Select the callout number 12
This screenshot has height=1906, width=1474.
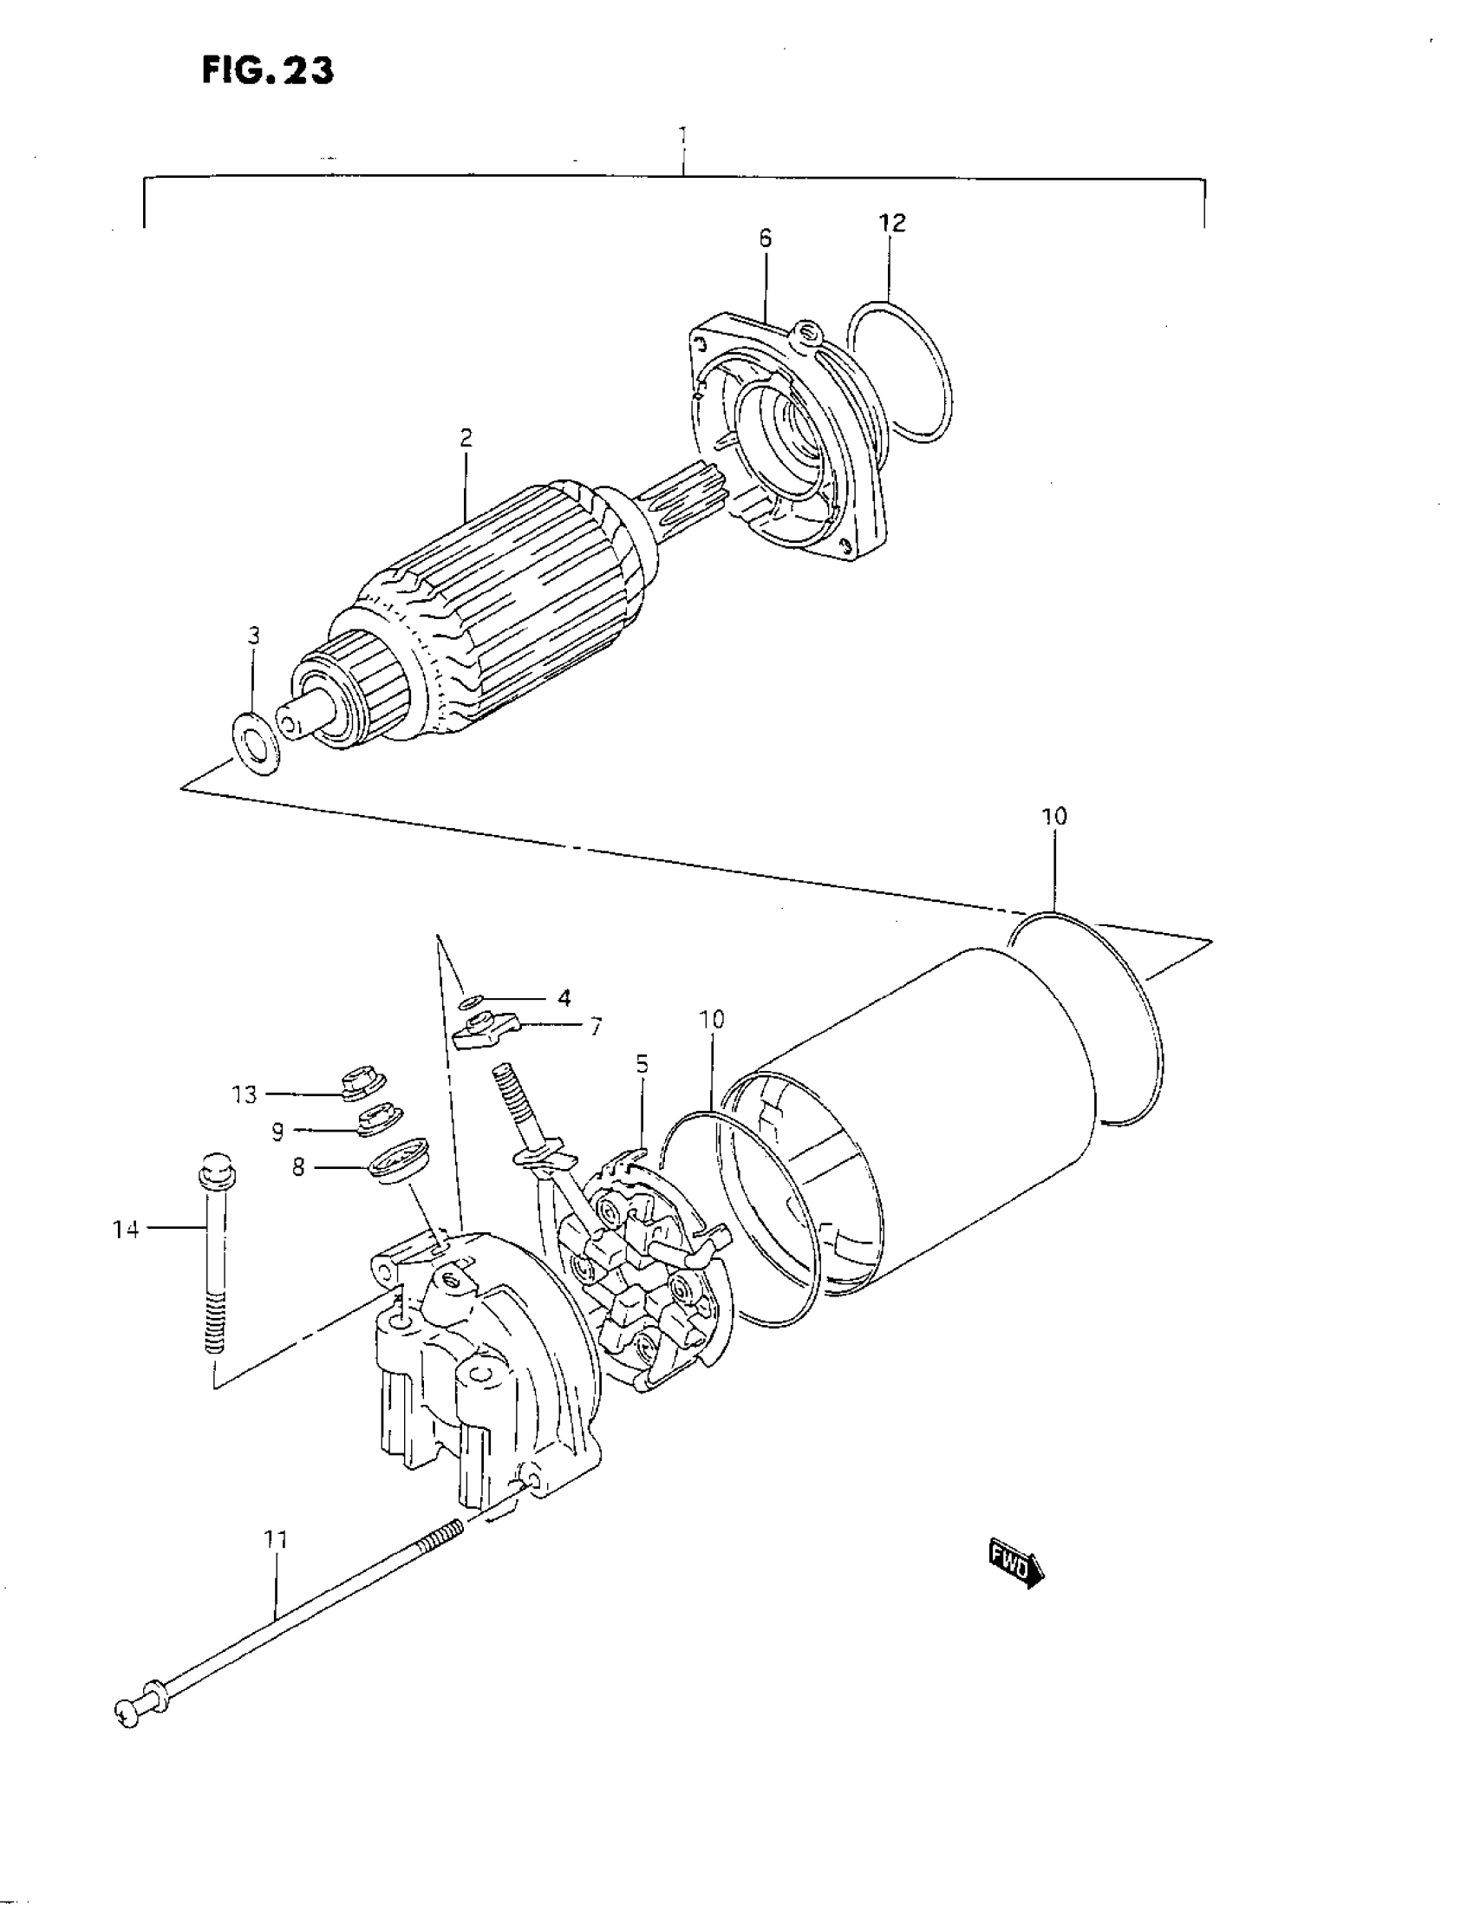click(892, 224)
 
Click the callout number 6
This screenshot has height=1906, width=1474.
click(766, 238)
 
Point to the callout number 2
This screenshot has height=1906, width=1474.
click(466, 438)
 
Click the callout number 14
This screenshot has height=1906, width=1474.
click(126, 1230)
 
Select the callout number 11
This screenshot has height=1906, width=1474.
click(276, 1540)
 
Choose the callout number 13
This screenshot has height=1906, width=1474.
click(245, 1094)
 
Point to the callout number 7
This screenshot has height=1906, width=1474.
click(595, 1028)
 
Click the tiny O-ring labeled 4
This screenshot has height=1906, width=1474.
click(472, 1000)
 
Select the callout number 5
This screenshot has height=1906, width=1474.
click(642, 1064)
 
